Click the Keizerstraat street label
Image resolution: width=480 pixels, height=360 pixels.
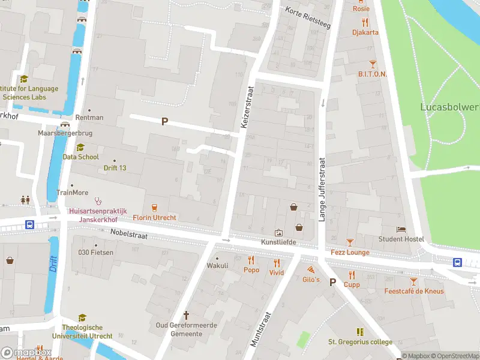point(247,106)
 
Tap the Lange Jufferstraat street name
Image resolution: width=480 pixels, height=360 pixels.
point(322,190)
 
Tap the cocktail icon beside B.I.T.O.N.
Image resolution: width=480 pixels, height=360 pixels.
point(373,63)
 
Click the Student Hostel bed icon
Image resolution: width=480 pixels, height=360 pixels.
point(401,229)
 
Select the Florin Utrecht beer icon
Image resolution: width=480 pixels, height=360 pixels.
point(154,207)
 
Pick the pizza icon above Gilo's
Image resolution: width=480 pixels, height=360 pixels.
point(311,270)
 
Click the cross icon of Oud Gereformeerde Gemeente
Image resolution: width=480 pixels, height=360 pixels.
point(186,314)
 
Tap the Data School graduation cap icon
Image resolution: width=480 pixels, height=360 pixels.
point(80,147)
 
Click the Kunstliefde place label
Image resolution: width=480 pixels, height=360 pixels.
point(279,242)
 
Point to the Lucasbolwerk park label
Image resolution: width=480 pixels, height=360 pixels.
point(449,107)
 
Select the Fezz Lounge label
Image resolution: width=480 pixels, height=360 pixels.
point(350,253)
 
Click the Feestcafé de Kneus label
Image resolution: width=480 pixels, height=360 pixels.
point(414,292)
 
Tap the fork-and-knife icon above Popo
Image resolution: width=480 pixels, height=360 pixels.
point(251,260)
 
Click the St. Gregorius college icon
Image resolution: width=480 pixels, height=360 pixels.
point(360,332)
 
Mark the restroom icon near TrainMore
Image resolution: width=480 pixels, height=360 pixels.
point(25,199)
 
